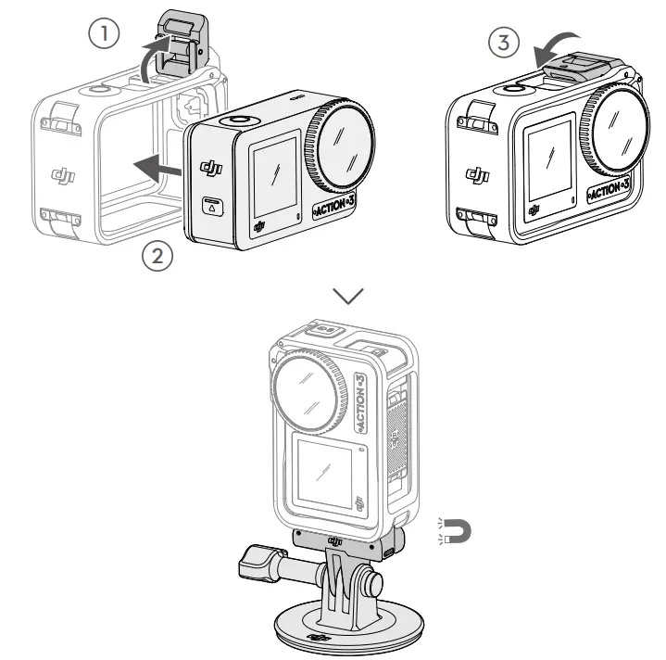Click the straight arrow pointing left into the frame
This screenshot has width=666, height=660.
tap(157, 166)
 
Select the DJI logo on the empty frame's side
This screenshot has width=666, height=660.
tap(64, 174)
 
